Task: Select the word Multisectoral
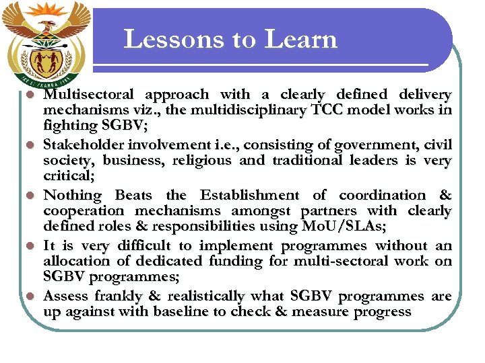(x=88, y=95)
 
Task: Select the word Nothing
(x=73, y=195)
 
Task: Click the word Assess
(x=67, y=296)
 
